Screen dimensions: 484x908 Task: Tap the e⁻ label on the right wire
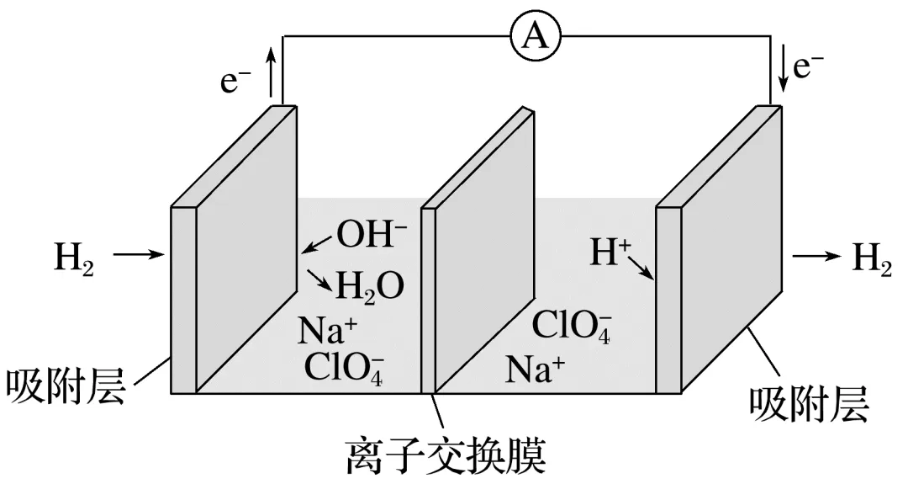point(808,66)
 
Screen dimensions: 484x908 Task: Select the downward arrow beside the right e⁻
point(783,72)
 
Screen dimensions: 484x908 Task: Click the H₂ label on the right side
point(872,256)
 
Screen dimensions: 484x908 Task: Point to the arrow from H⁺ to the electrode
point(640,268)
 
